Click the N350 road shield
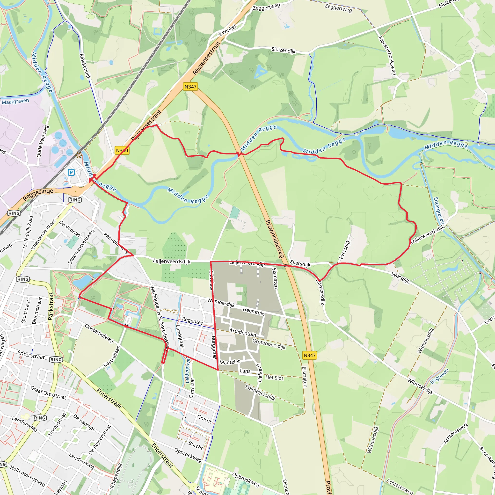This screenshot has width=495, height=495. point(122,150)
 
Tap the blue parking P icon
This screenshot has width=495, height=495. point(71,172)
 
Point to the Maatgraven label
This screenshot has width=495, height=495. point(15,102)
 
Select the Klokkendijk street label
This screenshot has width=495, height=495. point(85,66)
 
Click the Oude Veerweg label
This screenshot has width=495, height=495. point(43,141)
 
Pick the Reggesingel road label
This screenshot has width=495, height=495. point(39,195)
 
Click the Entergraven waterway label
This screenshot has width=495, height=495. point(439,210)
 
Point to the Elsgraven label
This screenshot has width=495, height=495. point(439,376)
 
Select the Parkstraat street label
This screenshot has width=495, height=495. point(51,306)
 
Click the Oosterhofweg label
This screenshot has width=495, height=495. point(99,333)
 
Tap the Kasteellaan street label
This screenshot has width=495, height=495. point(112,356)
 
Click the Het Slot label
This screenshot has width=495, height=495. point(274,378)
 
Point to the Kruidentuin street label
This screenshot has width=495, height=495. point(243,332)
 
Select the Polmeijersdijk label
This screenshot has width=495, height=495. point(260,393)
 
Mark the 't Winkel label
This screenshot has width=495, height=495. point(227,31)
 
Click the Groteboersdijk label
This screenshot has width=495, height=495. point(269,344)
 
